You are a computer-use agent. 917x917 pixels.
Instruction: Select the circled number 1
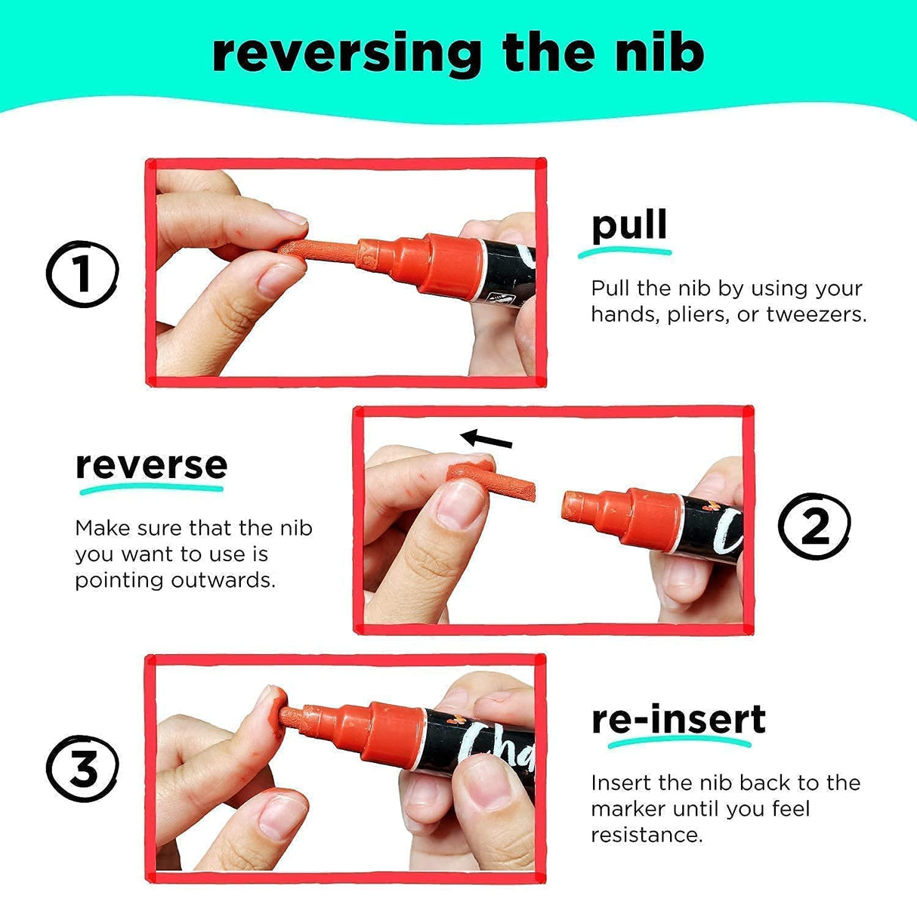click(82, 273)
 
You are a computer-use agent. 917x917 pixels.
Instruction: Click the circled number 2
click(814, 526)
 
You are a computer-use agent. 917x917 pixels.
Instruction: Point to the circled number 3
click(82, 768)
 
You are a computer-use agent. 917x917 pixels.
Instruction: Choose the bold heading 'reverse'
click(151, 465)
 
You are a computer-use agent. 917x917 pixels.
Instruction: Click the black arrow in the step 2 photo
click(486, 439)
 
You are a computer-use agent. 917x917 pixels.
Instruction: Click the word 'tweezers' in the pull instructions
click(816, 314)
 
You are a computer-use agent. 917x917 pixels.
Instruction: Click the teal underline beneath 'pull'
click(625, 253)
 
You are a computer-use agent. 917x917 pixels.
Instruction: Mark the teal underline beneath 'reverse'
click(151, 489)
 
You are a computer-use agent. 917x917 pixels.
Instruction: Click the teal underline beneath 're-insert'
click(679, 743)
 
